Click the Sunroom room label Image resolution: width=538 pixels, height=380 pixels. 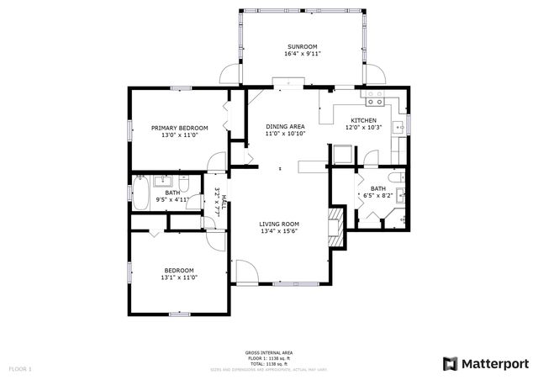point(303,46)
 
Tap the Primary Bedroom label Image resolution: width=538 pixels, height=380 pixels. point(179,128)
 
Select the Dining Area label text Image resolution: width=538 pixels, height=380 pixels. point(285,125)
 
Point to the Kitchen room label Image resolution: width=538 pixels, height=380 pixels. point(363,119)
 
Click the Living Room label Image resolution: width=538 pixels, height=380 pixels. point(280,224)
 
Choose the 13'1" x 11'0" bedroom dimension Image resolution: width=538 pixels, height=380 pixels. point(178,278)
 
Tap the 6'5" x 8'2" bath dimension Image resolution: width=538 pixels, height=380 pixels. point(378,195)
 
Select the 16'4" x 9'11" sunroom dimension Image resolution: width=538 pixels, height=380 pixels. point(303,54)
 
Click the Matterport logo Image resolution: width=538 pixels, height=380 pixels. point(486,363)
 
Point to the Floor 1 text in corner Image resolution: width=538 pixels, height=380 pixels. point(20,368)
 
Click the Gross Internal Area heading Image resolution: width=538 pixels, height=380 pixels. point(269,352)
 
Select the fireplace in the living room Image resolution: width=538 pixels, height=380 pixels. point(336,228)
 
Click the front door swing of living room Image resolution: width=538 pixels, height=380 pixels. point(245,272)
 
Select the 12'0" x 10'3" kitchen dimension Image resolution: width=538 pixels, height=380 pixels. point(364,127)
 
